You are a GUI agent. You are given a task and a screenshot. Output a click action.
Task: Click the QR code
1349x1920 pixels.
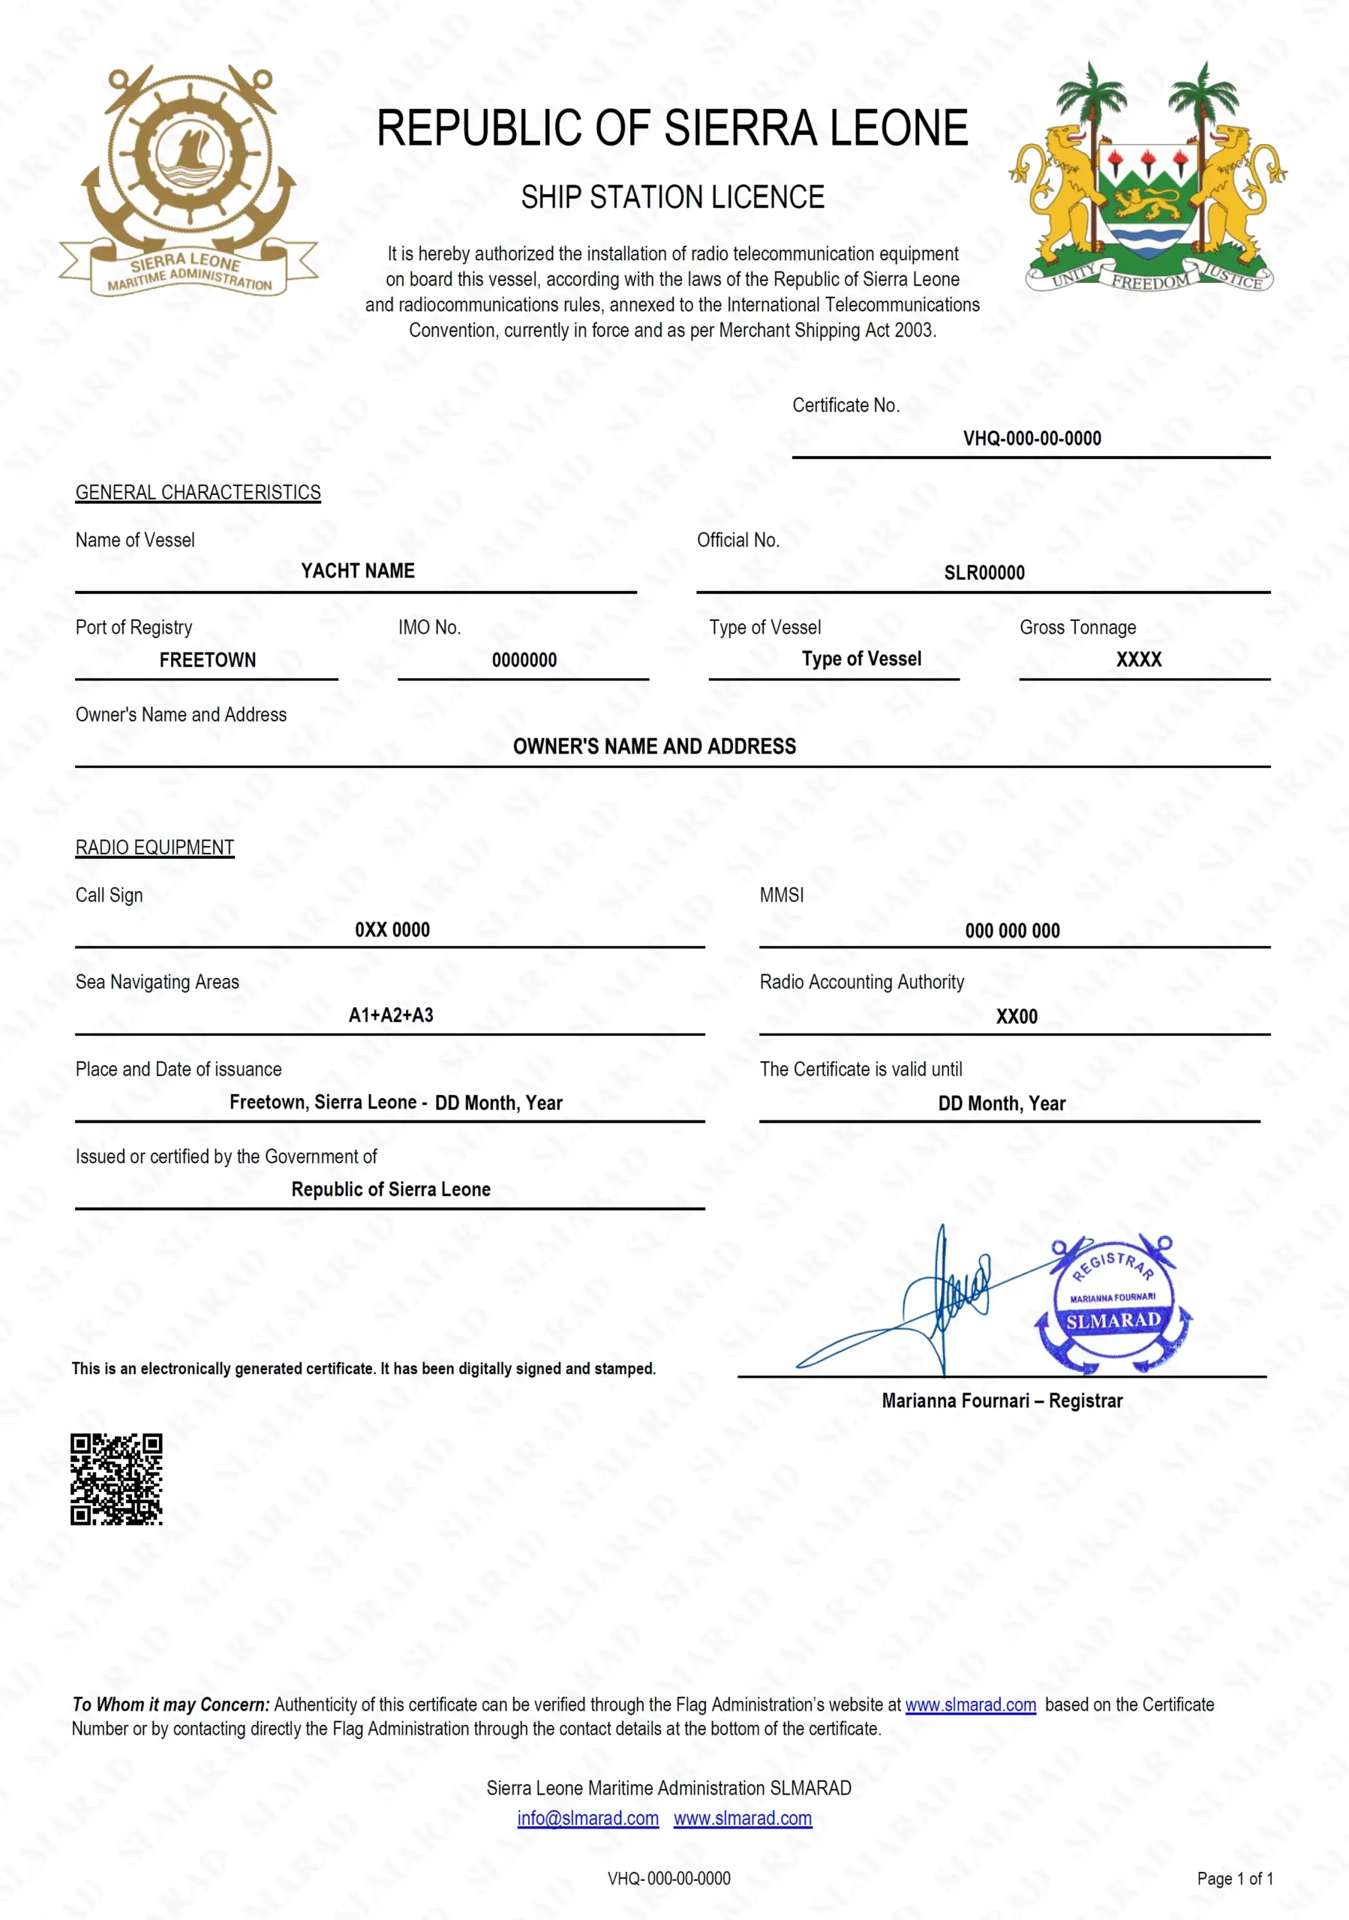tap(116, 1478)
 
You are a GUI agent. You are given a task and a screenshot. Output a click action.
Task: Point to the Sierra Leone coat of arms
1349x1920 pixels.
tap(1148, 178)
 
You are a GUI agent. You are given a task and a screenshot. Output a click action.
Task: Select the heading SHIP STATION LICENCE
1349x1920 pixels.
tap(672, 197)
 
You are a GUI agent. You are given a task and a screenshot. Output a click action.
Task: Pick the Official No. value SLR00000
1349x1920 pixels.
tap(984, 573)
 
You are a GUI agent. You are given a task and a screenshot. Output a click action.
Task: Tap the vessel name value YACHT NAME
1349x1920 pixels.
tap(357, 571)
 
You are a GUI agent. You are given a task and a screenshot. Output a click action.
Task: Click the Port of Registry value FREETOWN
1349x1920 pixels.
tap(207, 660)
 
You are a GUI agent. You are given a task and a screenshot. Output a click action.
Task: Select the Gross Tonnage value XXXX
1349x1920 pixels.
tap(1138, 660)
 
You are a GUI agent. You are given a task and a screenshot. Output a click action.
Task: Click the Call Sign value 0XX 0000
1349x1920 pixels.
tap(392, 930)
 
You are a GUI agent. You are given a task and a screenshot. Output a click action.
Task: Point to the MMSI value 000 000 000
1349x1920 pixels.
tap(1012, 931)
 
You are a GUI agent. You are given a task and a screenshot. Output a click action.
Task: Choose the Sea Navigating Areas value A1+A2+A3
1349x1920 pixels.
tap(391, 1015)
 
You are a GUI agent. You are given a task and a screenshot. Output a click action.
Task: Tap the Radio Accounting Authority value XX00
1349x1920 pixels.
tap(1016, 1017)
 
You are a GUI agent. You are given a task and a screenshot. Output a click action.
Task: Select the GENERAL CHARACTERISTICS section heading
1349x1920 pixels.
tap(198, 493)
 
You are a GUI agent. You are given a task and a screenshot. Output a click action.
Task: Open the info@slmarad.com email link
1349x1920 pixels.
tap(587, 1818)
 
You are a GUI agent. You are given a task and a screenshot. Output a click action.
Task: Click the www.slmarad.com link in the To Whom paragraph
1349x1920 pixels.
tap(970, 1704)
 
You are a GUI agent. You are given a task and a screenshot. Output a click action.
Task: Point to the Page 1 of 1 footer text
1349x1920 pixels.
tap(1234, 1879)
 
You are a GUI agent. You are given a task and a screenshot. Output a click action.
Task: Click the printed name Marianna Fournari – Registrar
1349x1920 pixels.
tap(1002, 1401)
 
